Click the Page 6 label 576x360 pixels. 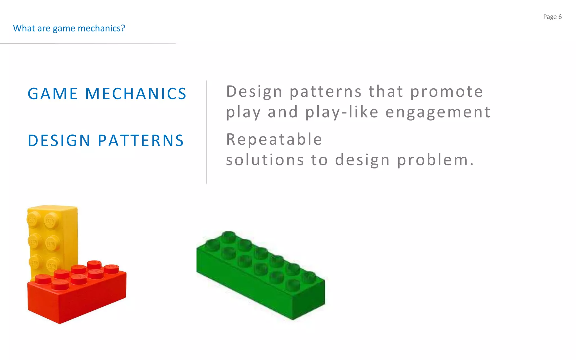coord(552,17)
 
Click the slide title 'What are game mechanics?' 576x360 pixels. coord(69,28)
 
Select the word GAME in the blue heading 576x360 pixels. coord(53,94)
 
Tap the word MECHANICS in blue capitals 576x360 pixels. coord(136,94)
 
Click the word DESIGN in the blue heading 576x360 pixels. coord(59,141)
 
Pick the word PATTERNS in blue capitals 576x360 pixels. coord(141,141)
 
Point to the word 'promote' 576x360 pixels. coord(446,92)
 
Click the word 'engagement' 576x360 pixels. coord(438,112)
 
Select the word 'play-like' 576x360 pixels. coord(342,112)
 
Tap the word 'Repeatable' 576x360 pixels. coord(274,139)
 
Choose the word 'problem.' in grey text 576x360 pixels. coord(435,160)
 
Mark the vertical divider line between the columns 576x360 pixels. coord(207,132)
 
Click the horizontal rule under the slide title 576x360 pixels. coord(88,44)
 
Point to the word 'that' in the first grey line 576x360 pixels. coord(386,92)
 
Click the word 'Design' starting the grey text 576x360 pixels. coord(254,92)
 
